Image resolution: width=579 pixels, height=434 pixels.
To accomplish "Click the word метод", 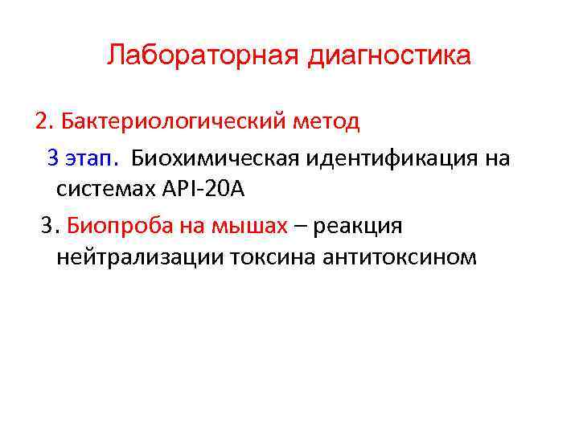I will pos(326,122).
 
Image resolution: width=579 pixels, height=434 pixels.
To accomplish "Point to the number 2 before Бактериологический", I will pos(40,122).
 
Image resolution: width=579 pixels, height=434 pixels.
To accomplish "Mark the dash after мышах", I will pos(299,226).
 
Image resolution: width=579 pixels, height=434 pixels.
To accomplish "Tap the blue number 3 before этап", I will pos(52,157).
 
